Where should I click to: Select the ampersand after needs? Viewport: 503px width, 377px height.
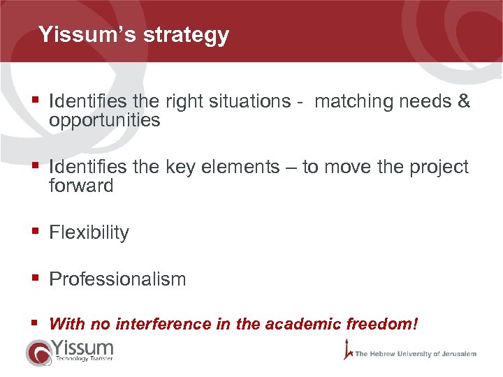(463, 102)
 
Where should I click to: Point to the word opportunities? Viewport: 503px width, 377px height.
(105, 121)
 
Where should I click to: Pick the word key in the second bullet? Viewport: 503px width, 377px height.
(181, 168)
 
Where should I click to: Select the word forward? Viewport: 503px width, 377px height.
(81, 186)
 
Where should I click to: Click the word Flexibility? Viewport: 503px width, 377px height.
(89, 232)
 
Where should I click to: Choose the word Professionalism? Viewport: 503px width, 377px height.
(117, 279)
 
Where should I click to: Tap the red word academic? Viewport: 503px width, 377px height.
(302, 324)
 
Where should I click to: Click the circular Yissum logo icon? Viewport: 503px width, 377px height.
(38, 352)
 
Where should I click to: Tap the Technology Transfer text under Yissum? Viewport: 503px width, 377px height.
(84, 358)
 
